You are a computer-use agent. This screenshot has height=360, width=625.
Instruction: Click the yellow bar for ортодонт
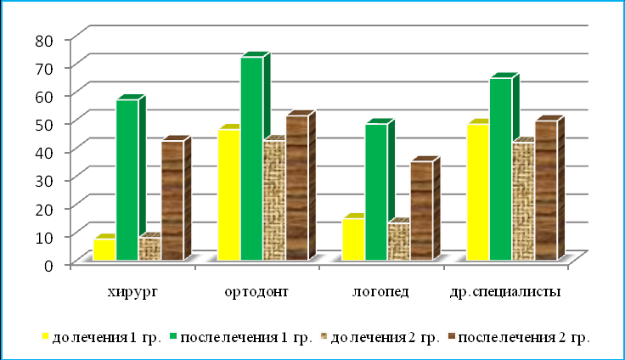228,194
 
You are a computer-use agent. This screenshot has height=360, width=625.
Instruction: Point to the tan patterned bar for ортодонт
273,200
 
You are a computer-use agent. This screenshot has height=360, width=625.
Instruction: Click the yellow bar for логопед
352,239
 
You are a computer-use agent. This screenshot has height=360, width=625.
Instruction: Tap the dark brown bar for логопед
420,211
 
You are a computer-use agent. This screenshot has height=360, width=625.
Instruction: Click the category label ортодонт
256,293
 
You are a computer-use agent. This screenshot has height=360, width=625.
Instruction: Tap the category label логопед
380,293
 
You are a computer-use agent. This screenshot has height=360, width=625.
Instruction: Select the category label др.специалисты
504,293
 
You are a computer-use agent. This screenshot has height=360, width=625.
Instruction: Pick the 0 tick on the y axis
51,264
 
